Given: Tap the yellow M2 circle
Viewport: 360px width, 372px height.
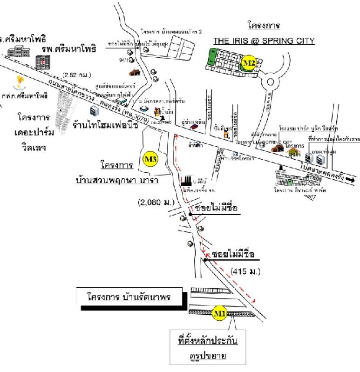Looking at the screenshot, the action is coord(251,62).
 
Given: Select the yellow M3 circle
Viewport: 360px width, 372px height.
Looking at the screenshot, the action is coord(150,159).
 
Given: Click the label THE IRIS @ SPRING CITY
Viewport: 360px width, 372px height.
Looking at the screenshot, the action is coord(264,41).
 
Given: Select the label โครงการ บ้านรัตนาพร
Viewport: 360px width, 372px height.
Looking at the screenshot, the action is coord(129,296).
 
